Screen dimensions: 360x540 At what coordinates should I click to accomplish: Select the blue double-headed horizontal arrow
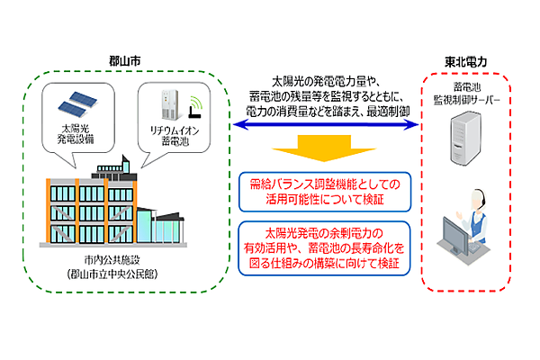[x=323, y=126]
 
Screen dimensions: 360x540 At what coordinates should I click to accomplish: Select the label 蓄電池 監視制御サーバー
[x=466, y=93]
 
